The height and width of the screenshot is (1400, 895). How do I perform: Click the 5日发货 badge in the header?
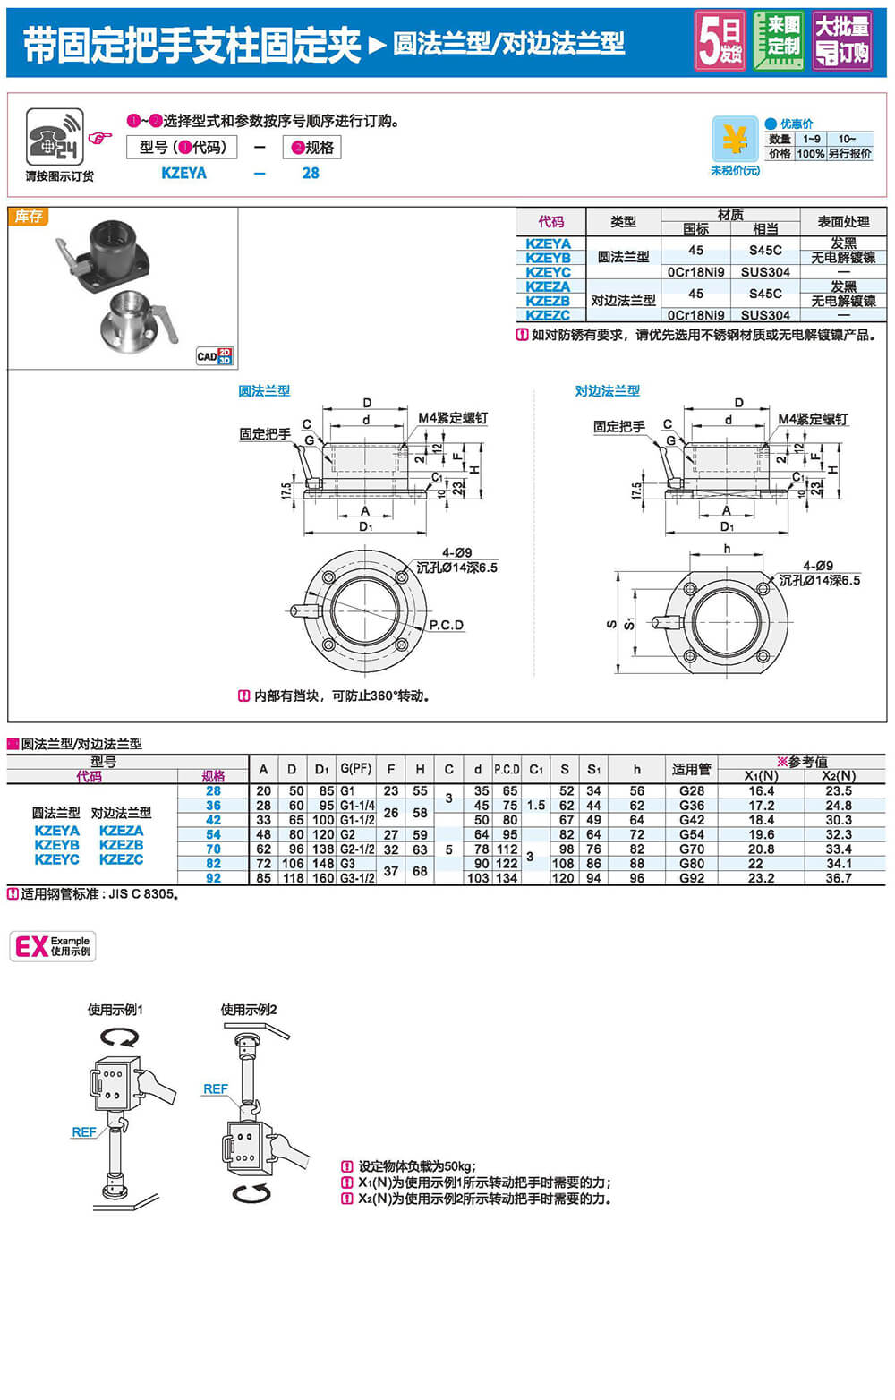(x=720, y=41)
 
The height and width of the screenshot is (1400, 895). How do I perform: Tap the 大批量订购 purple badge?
(x=841, y=41)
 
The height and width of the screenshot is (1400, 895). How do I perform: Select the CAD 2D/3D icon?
(x=214, y=355)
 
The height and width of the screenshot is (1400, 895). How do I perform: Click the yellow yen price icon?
(x=735, y=140)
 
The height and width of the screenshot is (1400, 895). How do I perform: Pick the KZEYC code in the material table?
(x=548, y=272)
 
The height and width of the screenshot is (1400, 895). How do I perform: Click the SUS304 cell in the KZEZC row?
(x=765, y=315)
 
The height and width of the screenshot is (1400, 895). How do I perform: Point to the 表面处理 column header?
(x=843, y=222)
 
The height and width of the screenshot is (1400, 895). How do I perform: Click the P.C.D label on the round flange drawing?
(x=446, y=625)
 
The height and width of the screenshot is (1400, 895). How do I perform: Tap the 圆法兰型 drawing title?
(x=264, y=391)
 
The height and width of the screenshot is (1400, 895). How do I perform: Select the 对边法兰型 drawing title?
(x=607, y=391)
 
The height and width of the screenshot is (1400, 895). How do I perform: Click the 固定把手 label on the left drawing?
(x=265, y=434)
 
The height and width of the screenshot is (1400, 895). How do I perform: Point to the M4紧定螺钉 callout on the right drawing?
(x=813, y=419)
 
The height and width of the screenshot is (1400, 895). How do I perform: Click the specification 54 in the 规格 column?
(x=213, y=834)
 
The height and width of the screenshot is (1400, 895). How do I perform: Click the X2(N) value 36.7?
(x=839, y=878)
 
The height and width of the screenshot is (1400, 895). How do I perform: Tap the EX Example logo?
(x=53, y=946)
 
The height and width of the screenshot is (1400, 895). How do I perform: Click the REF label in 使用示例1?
(x=83, y=1132)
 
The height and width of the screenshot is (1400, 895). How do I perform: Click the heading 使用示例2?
(x=249, y=1010)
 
